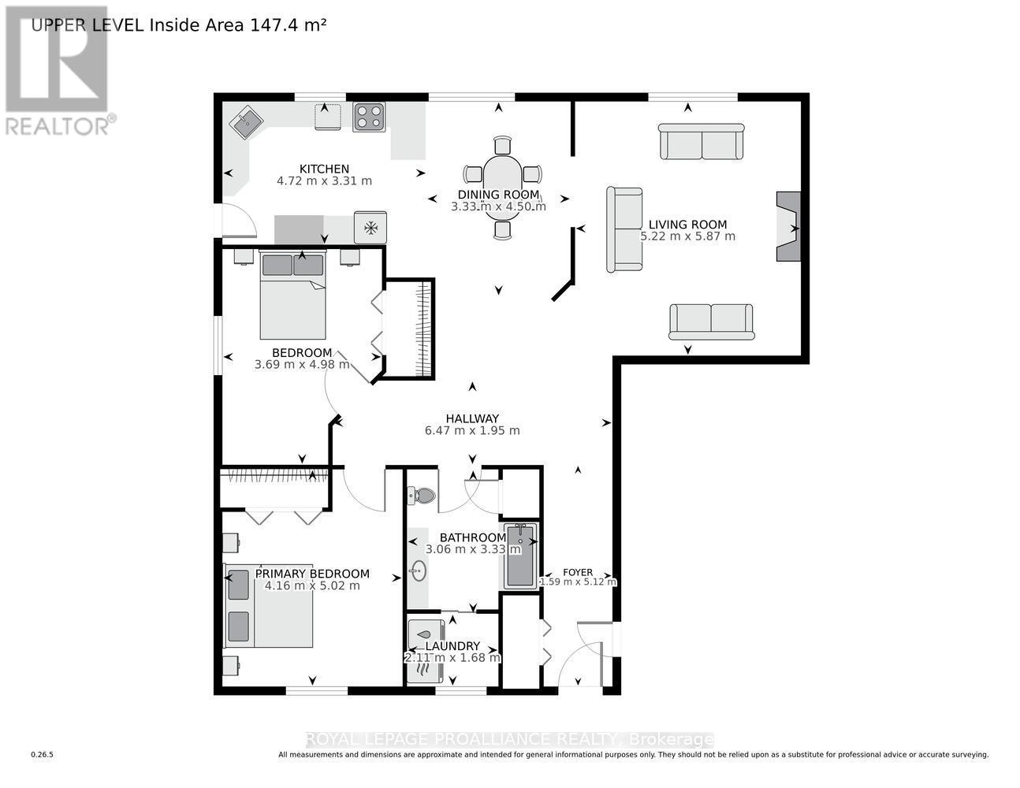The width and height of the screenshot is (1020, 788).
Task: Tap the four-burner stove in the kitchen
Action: pos(368,117)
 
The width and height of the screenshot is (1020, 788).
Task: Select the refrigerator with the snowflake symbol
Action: pos(370,227)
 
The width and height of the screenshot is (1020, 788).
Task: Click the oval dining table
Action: pos(502,187)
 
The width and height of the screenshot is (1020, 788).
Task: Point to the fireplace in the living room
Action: pos(787,227)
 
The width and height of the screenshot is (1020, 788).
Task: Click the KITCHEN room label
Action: pos(324,169)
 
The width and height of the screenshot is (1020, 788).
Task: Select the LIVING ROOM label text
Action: pos(687,224)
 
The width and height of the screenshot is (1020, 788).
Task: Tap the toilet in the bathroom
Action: pos(422,496)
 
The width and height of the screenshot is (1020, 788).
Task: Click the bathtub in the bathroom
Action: pos(519,556)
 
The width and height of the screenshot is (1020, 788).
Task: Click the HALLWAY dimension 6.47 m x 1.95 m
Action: pos(472,431)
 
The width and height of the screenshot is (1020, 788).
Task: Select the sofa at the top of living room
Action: pos(702,141)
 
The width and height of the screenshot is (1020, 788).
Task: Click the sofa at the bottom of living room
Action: pos(711,322)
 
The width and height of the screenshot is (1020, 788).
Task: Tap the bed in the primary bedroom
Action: pos(270,605)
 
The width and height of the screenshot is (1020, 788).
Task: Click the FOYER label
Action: pos(578,572)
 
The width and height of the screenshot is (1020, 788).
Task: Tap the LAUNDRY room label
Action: pos(452,646)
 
